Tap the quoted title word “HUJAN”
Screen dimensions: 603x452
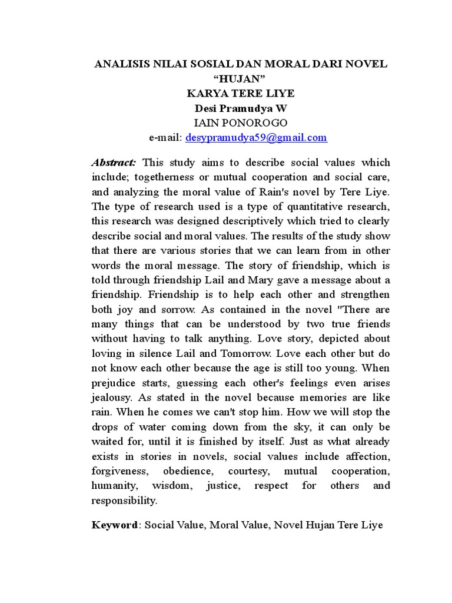point(241,79)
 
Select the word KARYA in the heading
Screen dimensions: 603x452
point(208,94)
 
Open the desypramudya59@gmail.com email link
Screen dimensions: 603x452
point(256,138)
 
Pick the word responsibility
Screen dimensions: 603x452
point(124,501)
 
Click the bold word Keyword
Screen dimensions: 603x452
point(114,525)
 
